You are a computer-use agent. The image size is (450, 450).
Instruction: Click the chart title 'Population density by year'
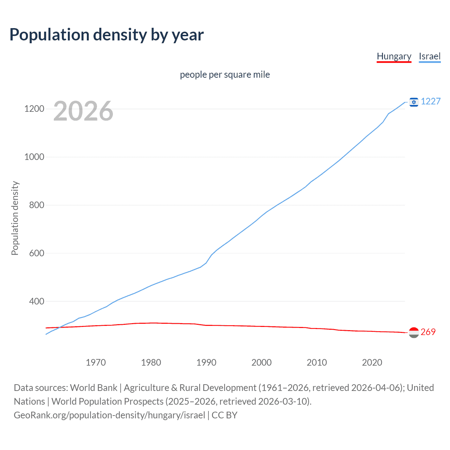[107, 35]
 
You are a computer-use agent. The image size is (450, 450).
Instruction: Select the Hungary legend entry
[394, 56]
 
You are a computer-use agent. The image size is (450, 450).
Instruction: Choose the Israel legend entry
[430, 56]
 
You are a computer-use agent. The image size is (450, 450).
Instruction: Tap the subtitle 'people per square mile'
[225, 75]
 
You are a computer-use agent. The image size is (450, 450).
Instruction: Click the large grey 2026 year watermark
[83, 111]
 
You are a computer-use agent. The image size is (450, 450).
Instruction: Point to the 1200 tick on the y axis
[34, 109]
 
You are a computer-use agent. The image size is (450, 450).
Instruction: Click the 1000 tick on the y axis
[34, 157]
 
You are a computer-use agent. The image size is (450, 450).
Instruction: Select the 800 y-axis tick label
[37, 205]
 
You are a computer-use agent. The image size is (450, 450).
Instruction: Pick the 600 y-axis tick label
[37, 253]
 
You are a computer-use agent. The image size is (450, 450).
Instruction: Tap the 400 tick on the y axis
[37, 302]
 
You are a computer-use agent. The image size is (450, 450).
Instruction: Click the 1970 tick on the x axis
[96, 362]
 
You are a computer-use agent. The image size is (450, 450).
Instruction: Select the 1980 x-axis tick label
[151, 362]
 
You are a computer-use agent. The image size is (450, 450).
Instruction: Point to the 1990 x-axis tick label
[206, 362]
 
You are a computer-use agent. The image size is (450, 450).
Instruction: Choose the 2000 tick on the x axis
[262, 362]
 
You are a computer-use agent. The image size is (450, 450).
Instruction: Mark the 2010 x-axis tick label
[317, 362]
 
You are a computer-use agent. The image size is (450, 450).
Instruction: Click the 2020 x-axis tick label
[372, 362]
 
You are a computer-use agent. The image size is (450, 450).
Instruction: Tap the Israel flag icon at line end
[414, 102]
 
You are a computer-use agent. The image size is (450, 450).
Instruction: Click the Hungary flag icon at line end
[414, 333]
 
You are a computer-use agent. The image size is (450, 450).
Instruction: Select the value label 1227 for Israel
[431, 102]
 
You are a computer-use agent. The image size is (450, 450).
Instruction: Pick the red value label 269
[428, 332]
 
